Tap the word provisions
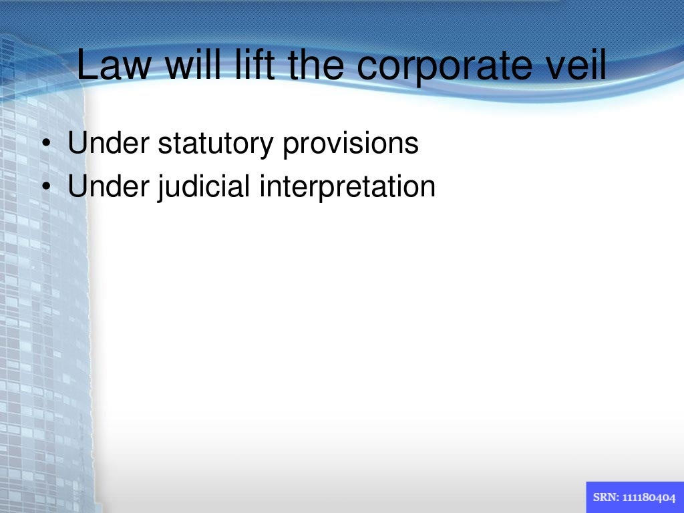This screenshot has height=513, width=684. [x=350, y=144]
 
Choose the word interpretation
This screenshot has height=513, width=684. [x=347, y=188]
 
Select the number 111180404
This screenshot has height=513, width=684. [x=649, y=498]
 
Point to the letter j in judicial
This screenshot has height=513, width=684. [x=161, y=188]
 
